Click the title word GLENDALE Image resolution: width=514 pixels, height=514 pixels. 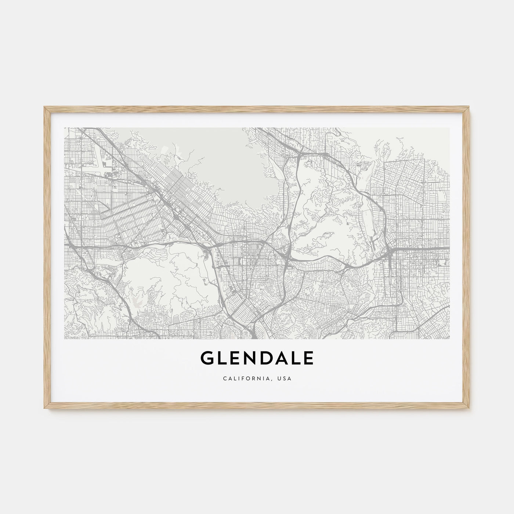pyautogui.click(x=257, y=359)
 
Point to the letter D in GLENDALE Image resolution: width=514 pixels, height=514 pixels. pyautogui.click(x=265, y=359)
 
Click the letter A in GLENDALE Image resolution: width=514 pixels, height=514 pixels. pyautogui.click(x=280, y=359)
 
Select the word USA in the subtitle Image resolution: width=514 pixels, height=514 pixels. pyautogui.click(x=285, y=379)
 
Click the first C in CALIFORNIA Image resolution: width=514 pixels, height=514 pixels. pyautogui.click(x=224, y=379)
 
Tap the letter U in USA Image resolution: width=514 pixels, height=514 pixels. pyautogui.click(x=280, y=379)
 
